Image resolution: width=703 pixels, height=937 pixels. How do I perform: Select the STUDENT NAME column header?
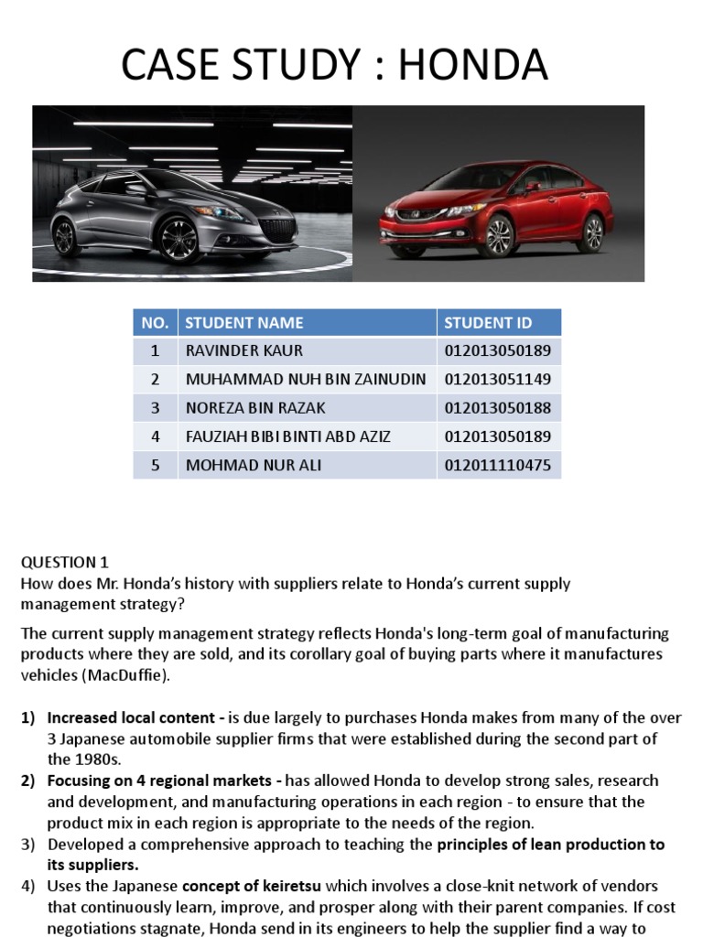[x=244, y=322]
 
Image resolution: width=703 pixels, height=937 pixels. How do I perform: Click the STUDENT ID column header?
[x=488, y=322]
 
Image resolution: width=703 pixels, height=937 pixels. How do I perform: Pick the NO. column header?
[x=156, y=322]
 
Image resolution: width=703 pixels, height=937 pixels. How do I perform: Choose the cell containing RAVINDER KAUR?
[x=244, y=350]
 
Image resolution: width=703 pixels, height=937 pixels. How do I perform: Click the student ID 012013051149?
[x=498, y=379]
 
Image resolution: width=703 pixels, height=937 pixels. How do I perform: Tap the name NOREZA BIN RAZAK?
[x=255, y=407]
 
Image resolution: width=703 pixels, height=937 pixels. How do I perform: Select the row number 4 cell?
[x=156, y=436]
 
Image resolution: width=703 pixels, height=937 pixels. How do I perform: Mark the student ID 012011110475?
[x=498, y=465]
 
